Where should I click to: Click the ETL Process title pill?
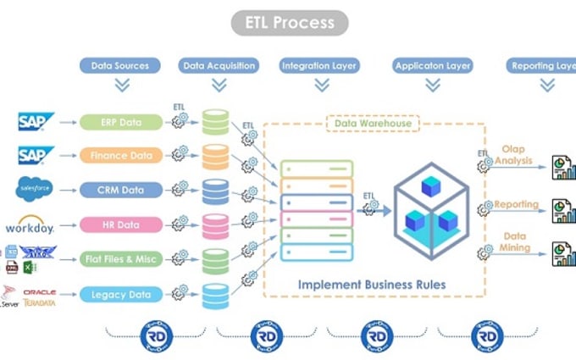tap(290, 23)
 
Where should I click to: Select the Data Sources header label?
tap(120, 65)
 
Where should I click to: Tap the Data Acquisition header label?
tap(219, 65)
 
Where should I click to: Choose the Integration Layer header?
tap(319, 65)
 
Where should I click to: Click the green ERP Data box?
tap(121, 122)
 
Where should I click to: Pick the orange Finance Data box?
tap(121, 156)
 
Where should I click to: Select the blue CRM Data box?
tap(121, 190)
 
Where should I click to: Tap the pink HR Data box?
tap(121, 224)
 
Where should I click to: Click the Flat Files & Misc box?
tap(121, 259)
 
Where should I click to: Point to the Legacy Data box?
tap(121, 295)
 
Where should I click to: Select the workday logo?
tap(30, 226)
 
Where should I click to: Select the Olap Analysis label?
tap(514, 155)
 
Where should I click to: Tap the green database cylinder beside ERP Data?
tap(215, 122)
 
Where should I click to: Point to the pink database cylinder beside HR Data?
tap(215, 225)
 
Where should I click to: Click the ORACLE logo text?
tap(39, 291)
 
